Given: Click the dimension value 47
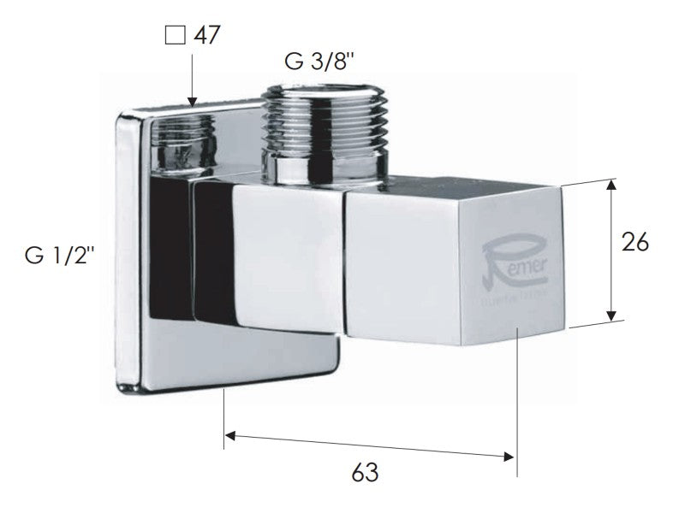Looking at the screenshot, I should pos(208,36).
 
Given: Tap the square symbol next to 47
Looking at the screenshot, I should pos(176,36).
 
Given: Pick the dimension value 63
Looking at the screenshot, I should pos(363,472).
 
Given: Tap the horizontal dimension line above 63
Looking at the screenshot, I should pos(368,445).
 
